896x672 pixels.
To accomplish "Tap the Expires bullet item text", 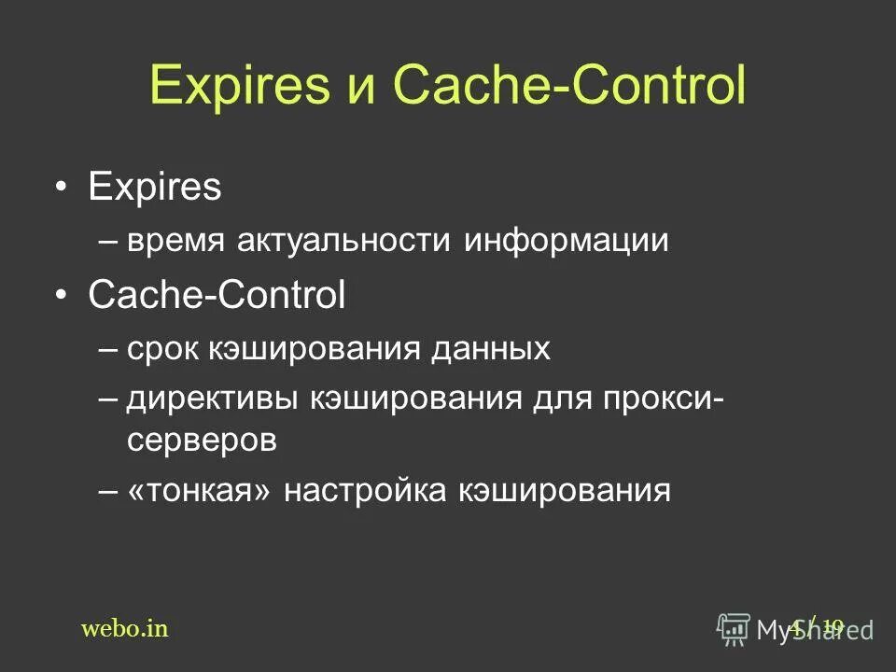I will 154,189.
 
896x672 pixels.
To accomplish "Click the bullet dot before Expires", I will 61,189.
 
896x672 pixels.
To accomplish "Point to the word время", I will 175,242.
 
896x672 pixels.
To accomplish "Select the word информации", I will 567,242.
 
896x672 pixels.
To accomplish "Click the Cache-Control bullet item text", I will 217,296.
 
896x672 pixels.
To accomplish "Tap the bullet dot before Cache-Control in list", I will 61,297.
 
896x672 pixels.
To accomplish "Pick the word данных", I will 490,350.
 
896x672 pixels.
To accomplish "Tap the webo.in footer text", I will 125,628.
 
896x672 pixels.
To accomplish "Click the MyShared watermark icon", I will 734,628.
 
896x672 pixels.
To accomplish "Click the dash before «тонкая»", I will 107,491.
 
